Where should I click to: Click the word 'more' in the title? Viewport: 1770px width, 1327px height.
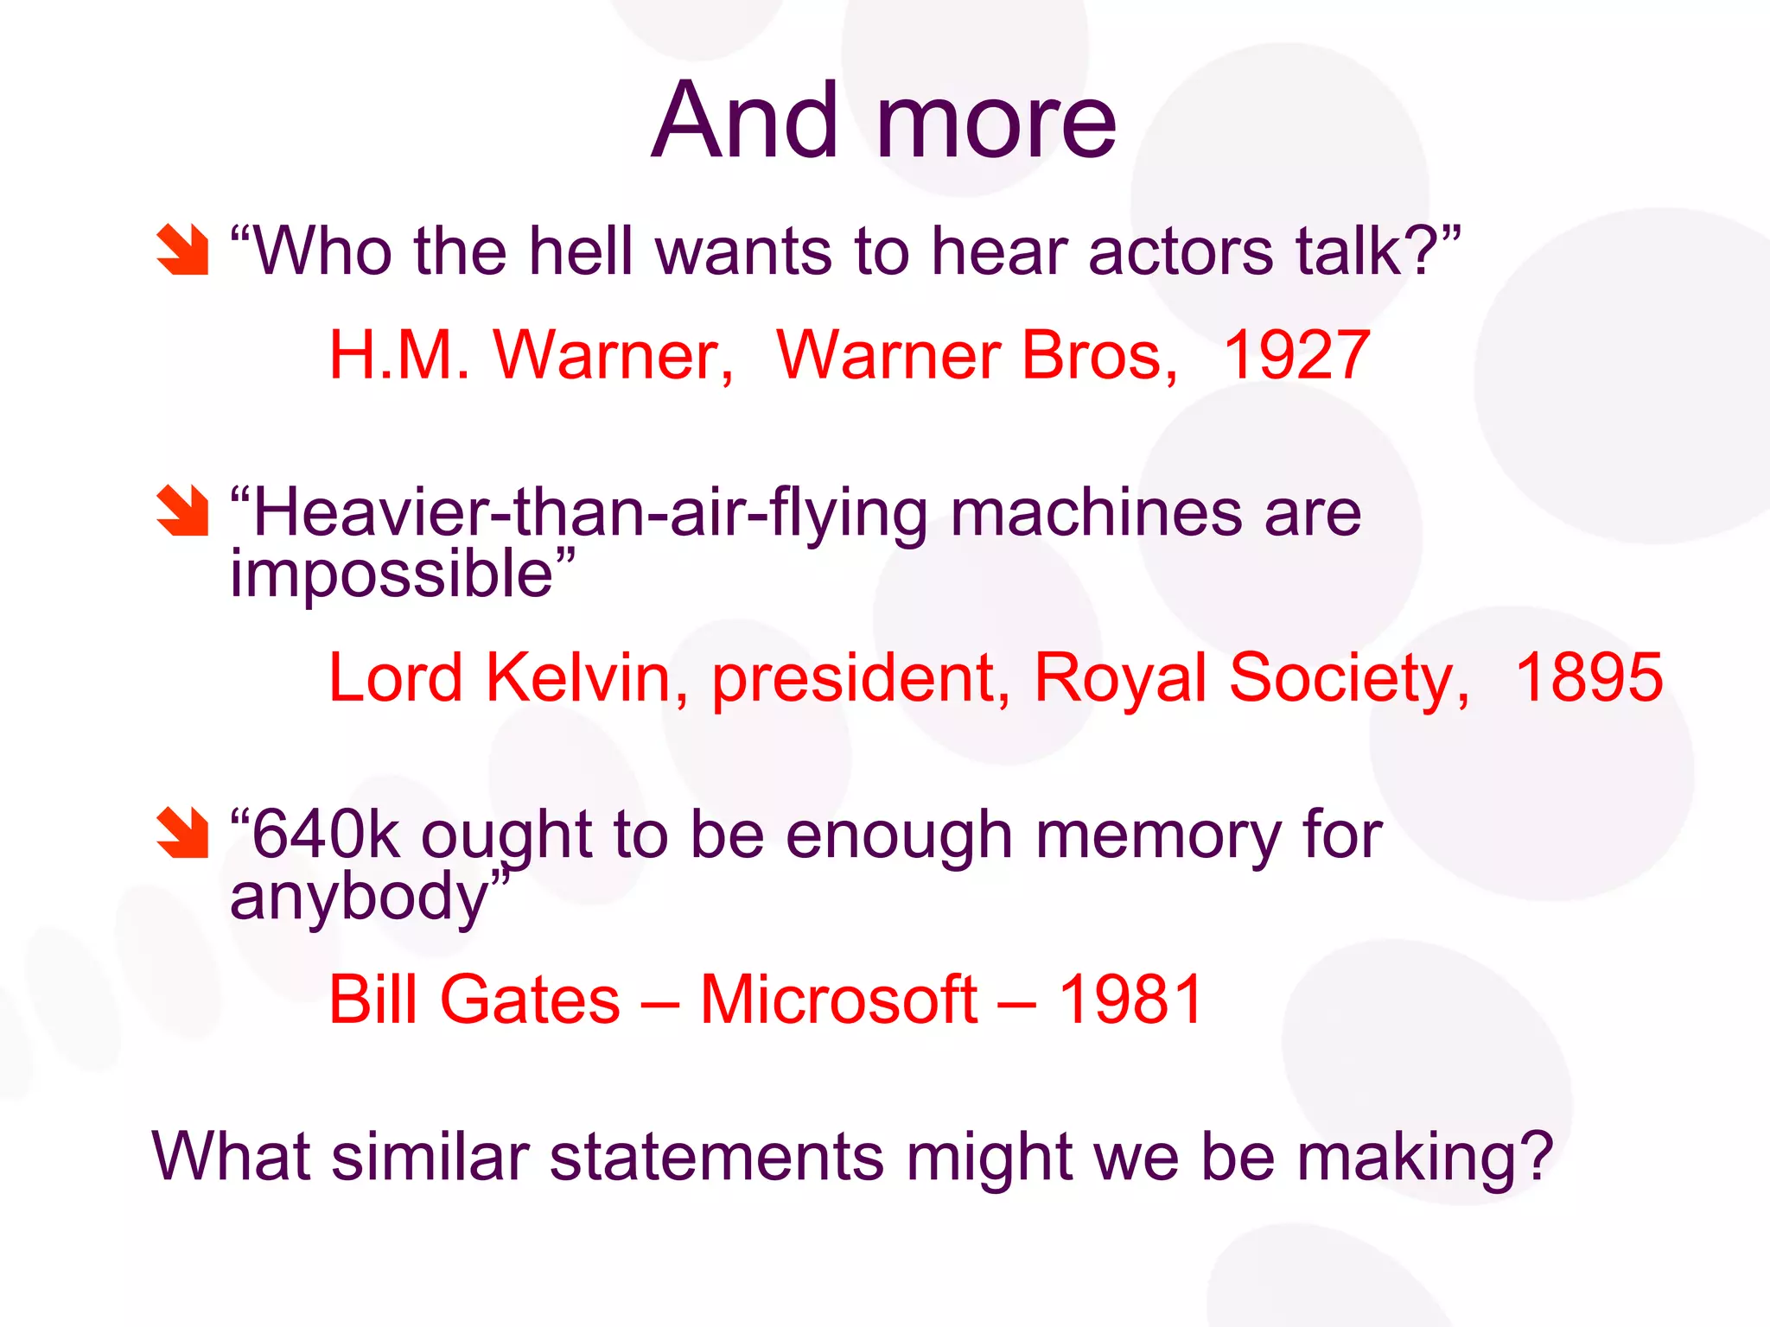point(996,123)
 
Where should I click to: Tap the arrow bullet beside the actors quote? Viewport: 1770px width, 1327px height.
point(182,250)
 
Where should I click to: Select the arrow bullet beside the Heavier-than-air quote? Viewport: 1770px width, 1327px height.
point(182,511)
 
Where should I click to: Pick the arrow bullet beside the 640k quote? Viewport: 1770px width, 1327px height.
point(182,833)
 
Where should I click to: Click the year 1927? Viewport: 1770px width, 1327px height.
point(1296,355)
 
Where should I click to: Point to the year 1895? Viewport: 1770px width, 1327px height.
point(1589,677)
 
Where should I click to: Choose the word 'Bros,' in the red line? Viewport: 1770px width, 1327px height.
point(1099,355)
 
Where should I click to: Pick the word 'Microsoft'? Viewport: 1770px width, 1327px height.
point(838,1000)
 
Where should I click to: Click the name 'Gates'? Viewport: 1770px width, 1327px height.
point(530,1000)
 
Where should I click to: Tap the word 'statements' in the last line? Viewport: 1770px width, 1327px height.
point(716,1157)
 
